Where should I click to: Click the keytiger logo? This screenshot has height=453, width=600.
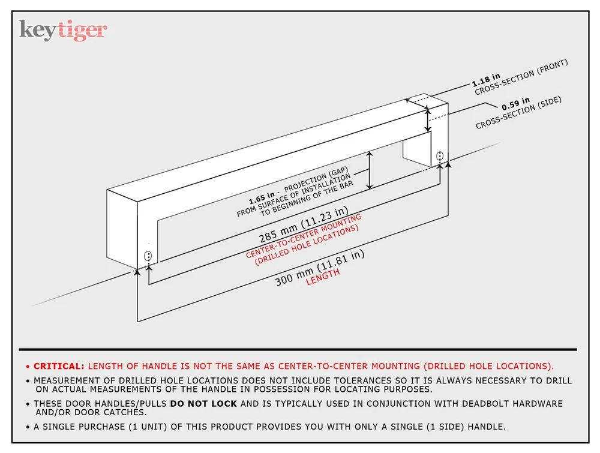(63, 30)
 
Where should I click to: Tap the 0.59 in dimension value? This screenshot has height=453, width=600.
(516, 103)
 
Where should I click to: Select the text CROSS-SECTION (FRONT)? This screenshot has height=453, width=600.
(521, 77)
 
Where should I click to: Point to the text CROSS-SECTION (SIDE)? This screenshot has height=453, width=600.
(519, 112)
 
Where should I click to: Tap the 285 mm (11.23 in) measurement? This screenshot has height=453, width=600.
(304, 224)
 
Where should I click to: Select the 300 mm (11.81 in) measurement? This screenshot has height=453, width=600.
(320, 268)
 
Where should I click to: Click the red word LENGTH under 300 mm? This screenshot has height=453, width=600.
(323, 276)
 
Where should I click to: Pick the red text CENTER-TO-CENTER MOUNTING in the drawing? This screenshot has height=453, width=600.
(304, 236)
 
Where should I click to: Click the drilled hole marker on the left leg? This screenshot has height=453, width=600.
(148, 256)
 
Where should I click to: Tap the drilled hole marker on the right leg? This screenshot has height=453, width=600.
(440, 156)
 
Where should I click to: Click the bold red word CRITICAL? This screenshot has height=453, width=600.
(59, 366)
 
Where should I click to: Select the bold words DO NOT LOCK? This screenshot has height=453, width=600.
(203, 404)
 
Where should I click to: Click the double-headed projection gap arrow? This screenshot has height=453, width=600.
(370, 170)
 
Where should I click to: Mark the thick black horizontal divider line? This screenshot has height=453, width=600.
(298, 349)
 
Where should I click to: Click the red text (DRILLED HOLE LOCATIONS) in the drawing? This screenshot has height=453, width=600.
(307, 245)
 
